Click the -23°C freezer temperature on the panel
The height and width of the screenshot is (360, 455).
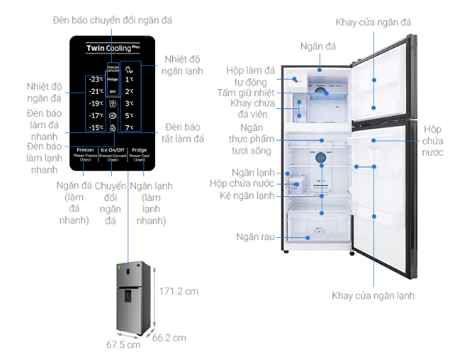pos(95,80)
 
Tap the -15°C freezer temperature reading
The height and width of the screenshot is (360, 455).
pos(95,127)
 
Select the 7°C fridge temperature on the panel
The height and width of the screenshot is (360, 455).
pos(129,127)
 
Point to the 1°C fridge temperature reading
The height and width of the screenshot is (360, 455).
pos(129,80)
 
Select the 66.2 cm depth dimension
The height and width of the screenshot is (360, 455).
pos(169,337)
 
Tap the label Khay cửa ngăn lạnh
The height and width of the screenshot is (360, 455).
pos(373,296)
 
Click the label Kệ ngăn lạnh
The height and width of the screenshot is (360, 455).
pos(253,195)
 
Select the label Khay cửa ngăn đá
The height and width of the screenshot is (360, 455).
pos(373,22)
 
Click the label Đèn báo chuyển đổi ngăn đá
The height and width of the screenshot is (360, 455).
pos(111,21)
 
